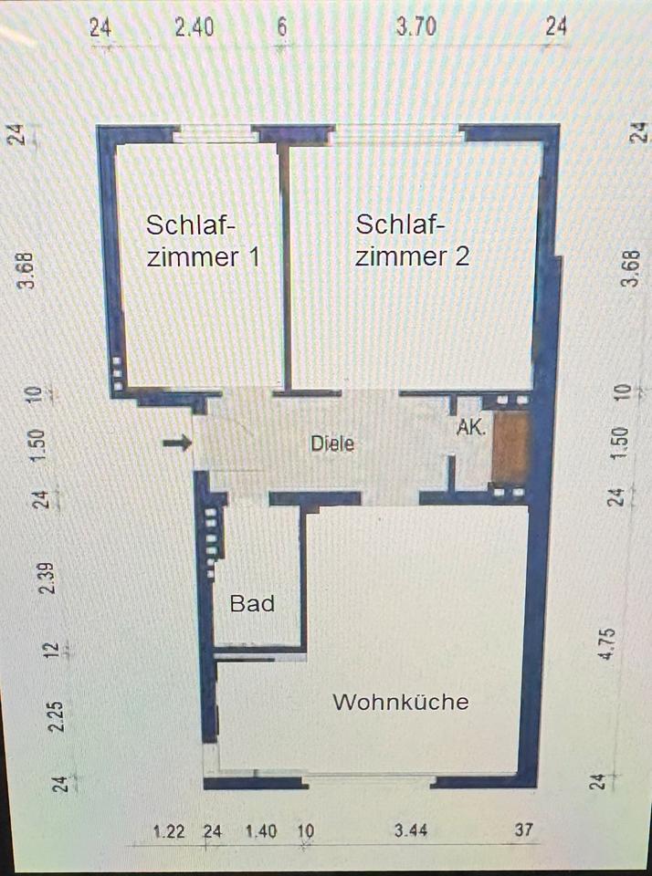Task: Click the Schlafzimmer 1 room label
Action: point(203,240)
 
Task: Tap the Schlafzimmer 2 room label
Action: point(412,240)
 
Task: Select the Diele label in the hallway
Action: point(331,444)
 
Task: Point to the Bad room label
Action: point(252,603)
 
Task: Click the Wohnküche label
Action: point(400,702)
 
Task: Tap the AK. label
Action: point(471,427)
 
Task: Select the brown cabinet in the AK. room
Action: point(510,447)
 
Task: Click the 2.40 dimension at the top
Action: point(195,27)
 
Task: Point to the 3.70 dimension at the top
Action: point(415,27)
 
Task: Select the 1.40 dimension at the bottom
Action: point(260,830)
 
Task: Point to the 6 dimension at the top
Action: point(282,27)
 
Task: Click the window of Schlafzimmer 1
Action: point(214,134)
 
